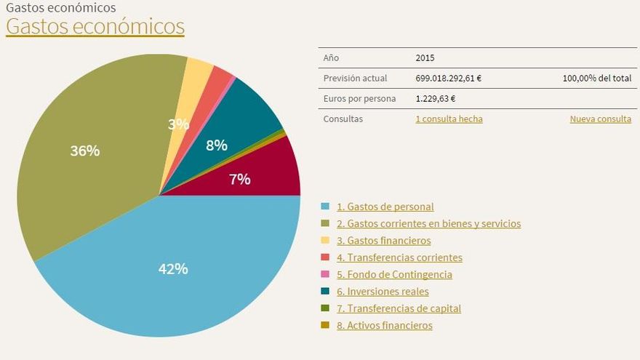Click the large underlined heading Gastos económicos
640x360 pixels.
tap(95, 27)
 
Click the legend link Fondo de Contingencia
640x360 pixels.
tap(394, 275)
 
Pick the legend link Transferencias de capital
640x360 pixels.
tap(399, 308)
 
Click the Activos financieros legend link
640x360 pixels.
tap(384, 326)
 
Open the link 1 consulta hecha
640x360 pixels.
tap(449, 119)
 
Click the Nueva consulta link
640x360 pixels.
tap(600, 119)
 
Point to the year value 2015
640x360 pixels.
tap(425, 58)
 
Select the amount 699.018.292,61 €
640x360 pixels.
tap(449, 79)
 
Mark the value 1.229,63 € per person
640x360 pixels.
tap(436, 99)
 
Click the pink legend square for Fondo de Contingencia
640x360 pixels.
tap(325, 275)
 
